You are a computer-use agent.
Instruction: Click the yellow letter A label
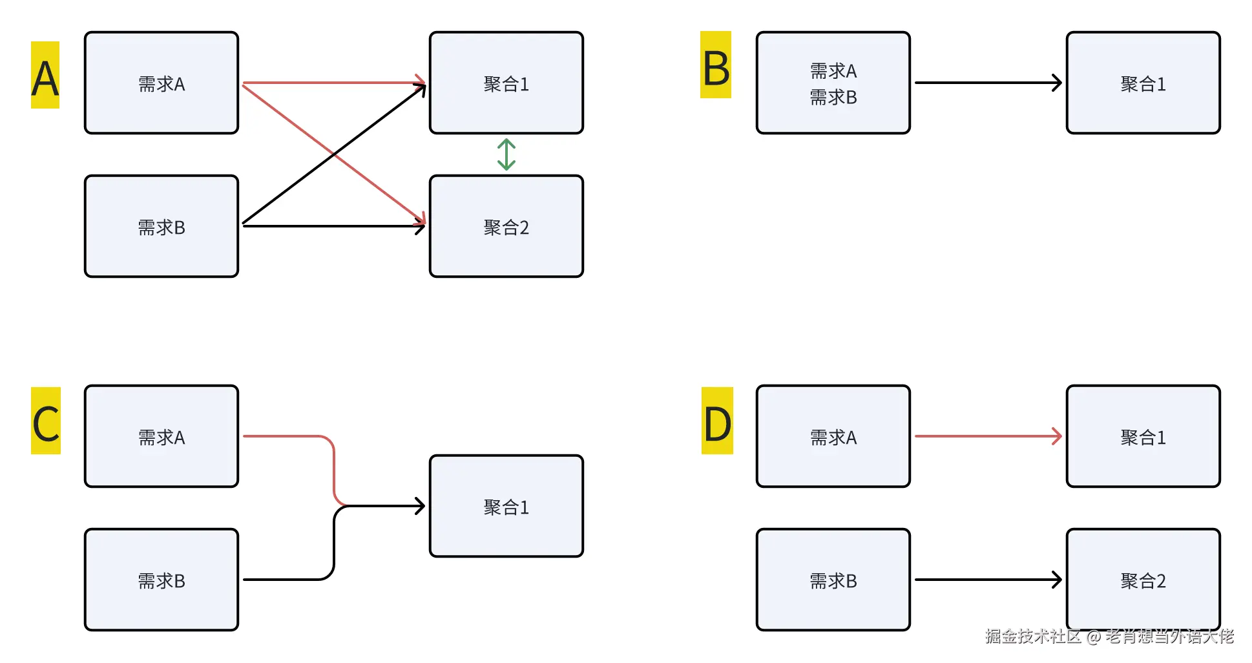(45, 75)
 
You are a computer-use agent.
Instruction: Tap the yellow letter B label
(716, 65)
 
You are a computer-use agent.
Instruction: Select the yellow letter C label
(46, 421)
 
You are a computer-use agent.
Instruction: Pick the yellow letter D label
(717, 421)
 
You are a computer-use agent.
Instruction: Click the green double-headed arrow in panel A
(506, 154)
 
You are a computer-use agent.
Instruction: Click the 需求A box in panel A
(162, 83)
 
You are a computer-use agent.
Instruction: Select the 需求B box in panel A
(162, 226)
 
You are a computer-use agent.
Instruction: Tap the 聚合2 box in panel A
(506, 226)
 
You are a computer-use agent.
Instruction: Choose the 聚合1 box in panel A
(506, 83)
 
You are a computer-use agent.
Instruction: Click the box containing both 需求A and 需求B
(833, 83)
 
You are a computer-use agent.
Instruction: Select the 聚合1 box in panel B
(1143, 83)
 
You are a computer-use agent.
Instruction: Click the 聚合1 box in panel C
(506, 506)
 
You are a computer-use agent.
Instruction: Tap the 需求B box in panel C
(162, 580)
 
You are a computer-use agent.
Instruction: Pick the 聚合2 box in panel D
(1143, 580)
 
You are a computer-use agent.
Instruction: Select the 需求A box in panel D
(833, 436)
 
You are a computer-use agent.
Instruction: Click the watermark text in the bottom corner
(1109, 637)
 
